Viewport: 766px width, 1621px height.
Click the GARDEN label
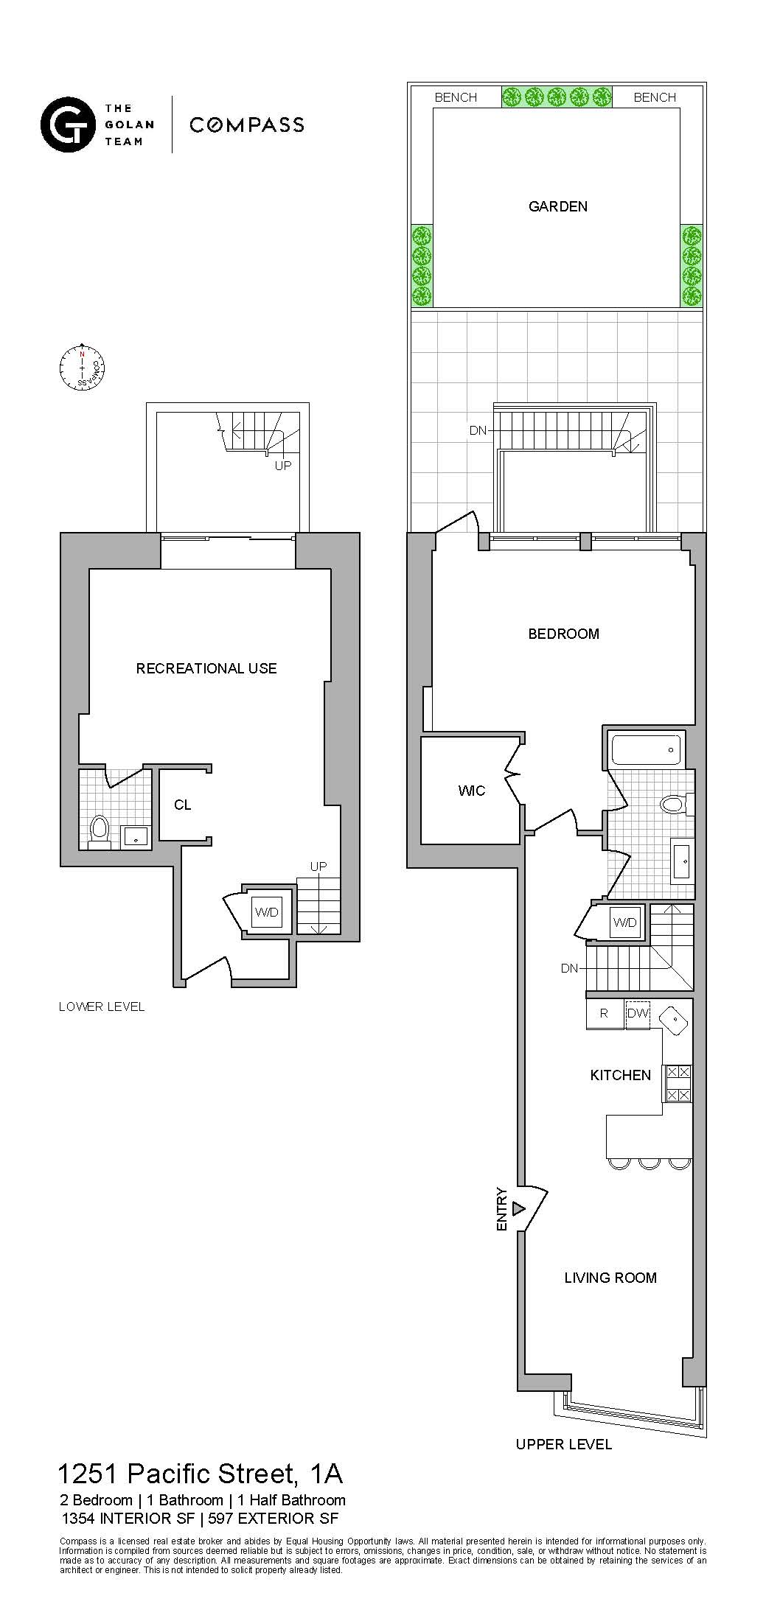pyautogui.click(x=558, y=206)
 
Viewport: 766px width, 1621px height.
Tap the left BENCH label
pyautogui.click(x=456, y=97)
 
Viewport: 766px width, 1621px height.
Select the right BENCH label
pyautogui.click(x=655, y=97)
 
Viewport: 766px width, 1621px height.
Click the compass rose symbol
pyautogui.click(x=82, y=366)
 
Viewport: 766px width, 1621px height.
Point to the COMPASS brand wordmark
pyautogui.click(x=247, y=125)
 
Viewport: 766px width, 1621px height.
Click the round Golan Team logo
pyautogui.click(x=68, y=125)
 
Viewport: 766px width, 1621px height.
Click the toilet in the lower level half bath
pyautogui.click(x=100, y=828)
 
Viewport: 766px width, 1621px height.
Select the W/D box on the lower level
pyautogui.click(x=266, y=912)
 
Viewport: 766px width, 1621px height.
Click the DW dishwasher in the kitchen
pyautogui.click(x=638, y=1013)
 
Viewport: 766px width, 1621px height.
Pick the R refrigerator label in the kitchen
pyautogui.click(x=604, y=1013)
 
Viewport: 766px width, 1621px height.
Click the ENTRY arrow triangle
pyautogui.click(x=518, y=1208)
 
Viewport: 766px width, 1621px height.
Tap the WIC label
pyautogui.click(x=472, y=791)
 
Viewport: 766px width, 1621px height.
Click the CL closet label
pyautogui.click(x=182, y=805)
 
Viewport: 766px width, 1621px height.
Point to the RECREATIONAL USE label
pyautogui.click(x=206, y=668)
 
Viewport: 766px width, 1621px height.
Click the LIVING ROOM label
pyautogui.click(x=610, y=1278)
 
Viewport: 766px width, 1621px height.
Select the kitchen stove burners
pyautogui.click(x=678, y=1083)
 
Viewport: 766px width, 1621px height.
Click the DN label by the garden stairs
pyautogui.click(x=478, y=430)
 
